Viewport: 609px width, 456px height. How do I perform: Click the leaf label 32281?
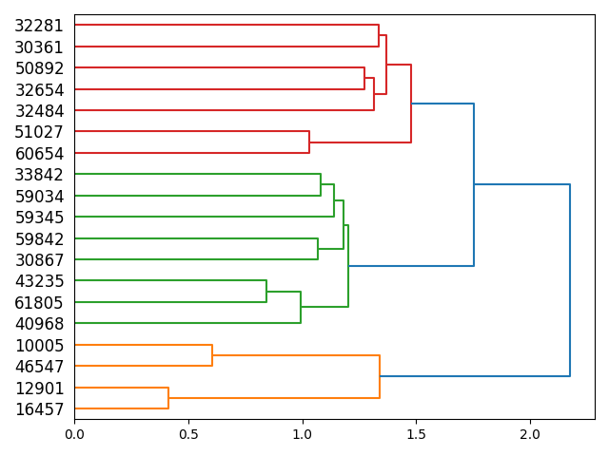[x=39, y=26]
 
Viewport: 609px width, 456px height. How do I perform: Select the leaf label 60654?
[x=39, y=153]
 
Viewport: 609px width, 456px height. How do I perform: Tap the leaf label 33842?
[x=39, y=175]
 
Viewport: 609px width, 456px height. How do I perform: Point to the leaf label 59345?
[x=39, y=217]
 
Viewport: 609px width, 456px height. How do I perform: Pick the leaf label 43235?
[x=39, y=281]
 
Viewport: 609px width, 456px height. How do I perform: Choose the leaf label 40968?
[x=39, y=324]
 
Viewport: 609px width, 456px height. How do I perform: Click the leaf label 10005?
[x=39, y=346]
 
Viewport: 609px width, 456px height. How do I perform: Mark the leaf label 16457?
[x=39, y=409]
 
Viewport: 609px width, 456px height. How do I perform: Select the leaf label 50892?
[x=39, y=68]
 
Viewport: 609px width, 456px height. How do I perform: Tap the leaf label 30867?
[x=39, y=260]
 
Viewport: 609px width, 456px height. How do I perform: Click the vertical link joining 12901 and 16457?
[x=168, y=398]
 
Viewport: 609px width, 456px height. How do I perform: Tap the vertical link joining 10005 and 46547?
[x=212, y=355]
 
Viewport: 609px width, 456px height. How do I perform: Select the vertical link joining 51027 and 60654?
[x=309, y=142]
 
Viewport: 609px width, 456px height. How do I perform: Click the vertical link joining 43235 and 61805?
[x=266, y=292]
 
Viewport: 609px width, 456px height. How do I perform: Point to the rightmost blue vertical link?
[x=570, y=280]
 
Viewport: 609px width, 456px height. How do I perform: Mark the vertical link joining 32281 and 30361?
[x=379, y=36]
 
